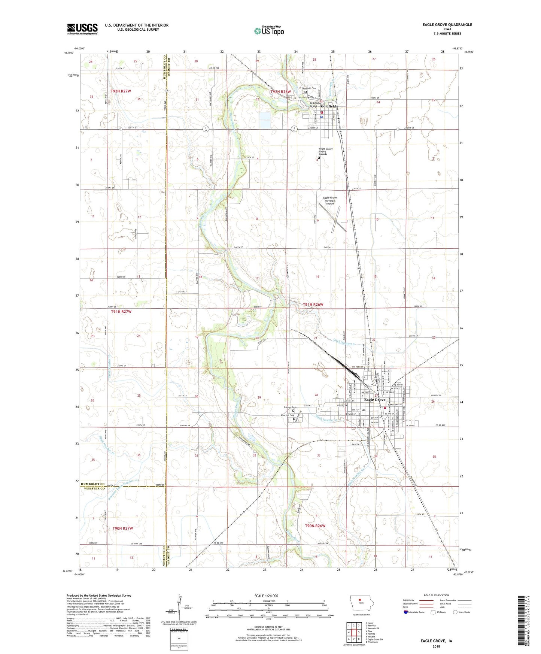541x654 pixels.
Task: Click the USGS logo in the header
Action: click(x=82, y=28)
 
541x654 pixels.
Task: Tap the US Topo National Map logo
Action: click(x=269, y=30)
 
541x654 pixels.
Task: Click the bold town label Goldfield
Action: click(x=328, y=106)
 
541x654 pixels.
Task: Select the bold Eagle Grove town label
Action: click(x=374, y=400)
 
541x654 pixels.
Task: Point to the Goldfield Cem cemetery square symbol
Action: click(x=306, y=91)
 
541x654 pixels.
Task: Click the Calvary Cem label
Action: click(x=290, y=407)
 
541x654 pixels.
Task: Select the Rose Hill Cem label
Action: click(x=287, y=415)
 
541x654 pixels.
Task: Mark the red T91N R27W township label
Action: click(x=121, y=311)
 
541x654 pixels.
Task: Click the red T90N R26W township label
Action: click(x=315, y=526)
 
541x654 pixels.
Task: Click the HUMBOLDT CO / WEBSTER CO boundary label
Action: click(x=92, y=486)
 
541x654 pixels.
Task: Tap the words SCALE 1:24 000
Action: click(x=266, y=596)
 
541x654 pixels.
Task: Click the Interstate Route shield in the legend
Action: click(x=406, y=612)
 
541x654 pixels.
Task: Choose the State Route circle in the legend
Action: click(x=455, y=612)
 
